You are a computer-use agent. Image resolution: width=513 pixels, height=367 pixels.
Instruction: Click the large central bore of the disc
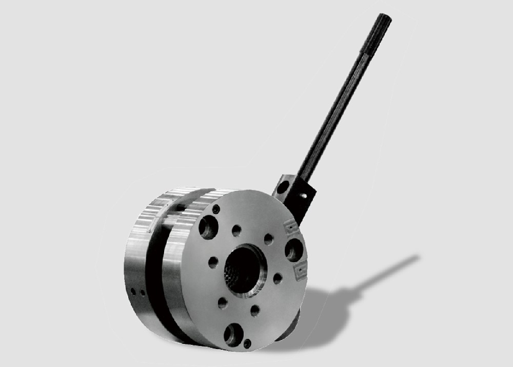(246, 270)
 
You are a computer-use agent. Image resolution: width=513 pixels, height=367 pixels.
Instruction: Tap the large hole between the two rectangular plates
(294, 250)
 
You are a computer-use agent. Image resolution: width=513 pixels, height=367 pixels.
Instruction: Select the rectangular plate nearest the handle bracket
(291, 226)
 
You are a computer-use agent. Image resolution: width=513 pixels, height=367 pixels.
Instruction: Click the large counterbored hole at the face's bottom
(233, 335)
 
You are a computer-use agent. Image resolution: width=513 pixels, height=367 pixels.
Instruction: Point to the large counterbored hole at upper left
(208, 227)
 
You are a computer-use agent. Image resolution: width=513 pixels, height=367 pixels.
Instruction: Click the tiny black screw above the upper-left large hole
(216, 209)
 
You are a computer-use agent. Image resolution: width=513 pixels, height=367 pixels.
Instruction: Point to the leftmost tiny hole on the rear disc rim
(132, 291)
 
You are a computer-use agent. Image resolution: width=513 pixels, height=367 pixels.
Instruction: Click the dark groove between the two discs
(154, 276)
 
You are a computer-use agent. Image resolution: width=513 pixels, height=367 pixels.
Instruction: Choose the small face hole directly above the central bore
(236, 230)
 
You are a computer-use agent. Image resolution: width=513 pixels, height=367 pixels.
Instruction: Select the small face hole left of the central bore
(213, 262)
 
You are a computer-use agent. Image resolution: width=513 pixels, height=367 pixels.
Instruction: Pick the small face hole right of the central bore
(278, 278)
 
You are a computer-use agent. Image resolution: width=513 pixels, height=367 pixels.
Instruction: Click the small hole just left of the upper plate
(268, 239)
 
